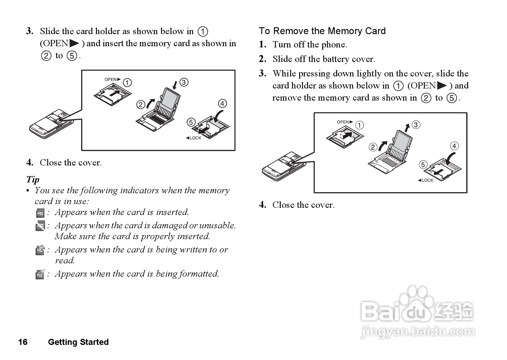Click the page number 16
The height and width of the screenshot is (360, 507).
pos(23,342)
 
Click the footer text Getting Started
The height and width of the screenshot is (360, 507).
pos(78,342)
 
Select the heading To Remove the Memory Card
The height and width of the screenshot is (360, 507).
pos(322,31)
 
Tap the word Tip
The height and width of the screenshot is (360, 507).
pos(33,179)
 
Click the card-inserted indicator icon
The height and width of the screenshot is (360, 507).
pos(40,213)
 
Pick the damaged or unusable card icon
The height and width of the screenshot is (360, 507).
pos(40,226)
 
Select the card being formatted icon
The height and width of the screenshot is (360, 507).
pos(40,274)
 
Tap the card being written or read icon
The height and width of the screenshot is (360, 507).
pos(40,250)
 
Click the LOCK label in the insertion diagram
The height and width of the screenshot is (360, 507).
pos(193,138)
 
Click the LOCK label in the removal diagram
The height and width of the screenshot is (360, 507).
pos(426,180)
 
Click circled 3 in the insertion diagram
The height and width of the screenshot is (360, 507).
pos(184,82)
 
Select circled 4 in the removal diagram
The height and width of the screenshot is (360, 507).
pos(454,146)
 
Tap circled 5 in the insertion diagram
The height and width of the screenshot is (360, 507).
pos(191,122)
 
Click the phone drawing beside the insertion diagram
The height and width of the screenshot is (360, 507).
pos(51,124)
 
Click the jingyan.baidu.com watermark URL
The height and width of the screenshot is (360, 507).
pos(418,332)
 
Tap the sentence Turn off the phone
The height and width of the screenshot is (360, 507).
pos(310,45)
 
